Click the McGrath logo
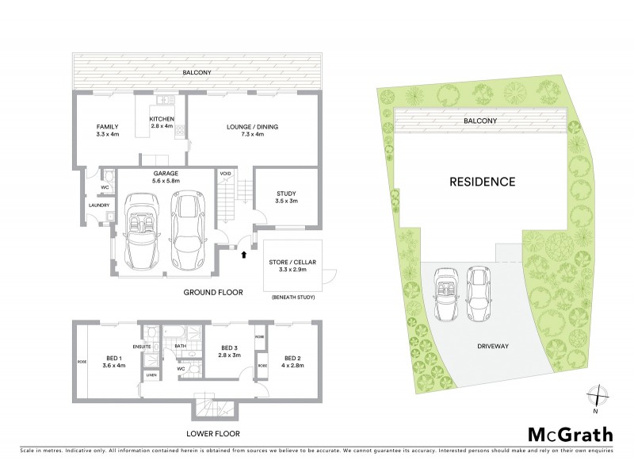coord(570,434)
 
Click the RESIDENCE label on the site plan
coord(483,182)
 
